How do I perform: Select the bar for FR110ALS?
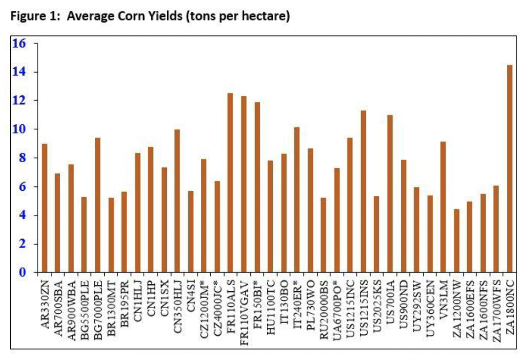click(230, 182)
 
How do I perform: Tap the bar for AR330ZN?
click(44, 208)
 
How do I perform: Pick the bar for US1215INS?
click(363, 191)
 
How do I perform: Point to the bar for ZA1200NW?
click(456, 240)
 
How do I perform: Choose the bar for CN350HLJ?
click(177, 201)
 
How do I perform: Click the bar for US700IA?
click(390, 194)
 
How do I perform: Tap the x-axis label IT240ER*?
click(297, 304)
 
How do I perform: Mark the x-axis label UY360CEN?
click(430, 306)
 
